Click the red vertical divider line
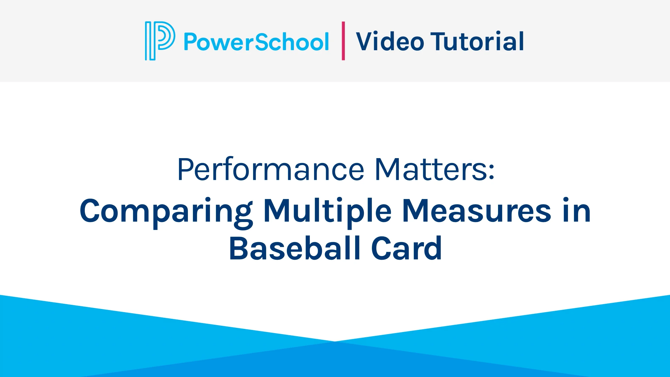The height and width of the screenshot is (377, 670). click(343, 41)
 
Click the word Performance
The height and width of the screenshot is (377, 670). click(271, 170)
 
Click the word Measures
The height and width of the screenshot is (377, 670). click(477, 211)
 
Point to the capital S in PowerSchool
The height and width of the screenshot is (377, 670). click(263, 41)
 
